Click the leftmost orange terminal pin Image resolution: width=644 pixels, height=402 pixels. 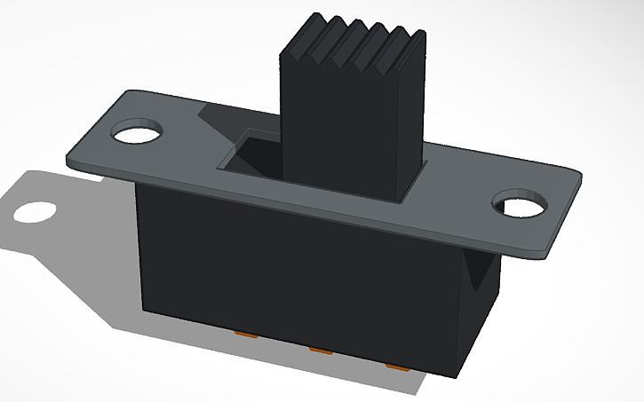[245, 335]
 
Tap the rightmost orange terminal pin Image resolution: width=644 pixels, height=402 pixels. [397, 365]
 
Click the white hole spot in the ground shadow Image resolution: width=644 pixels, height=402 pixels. [35, 211]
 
